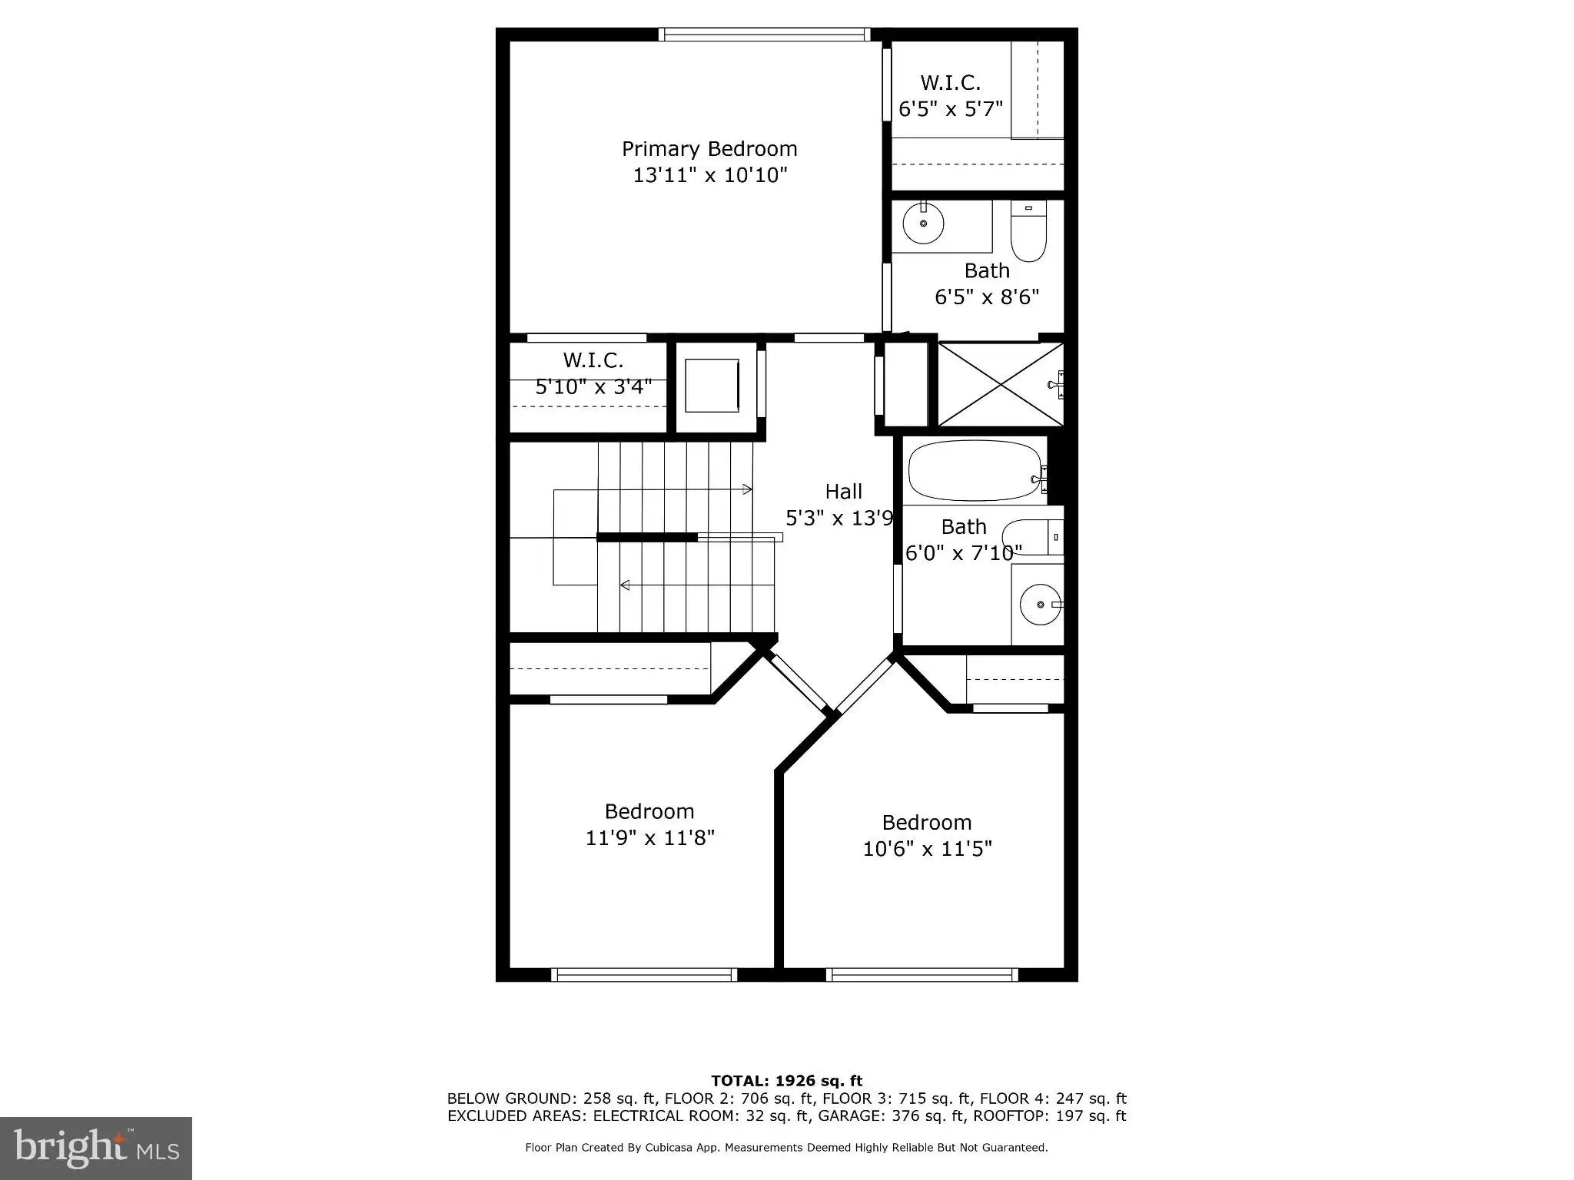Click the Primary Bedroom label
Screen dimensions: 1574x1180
coord(709,148)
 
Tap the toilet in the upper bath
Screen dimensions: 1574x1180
coord(1028,231)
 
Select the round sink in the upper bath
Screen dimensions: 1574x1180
coord(923,224)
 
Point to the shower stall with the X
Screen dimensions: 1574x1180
coord(1001,384)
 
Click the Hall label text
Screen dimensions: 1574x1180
coord(843,492)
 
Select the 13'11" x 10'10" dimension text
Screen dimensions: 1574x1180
coord(710,175)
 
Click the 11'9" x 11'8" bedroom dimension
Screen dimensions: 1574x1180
coord(650,837)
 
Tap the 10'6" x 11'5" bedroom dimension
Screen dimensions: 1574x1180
coord(928,849)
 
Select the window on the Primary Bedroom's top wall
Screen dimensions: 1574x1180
coord(764,34)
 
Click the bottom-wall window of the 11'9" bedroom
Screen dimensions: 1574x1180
coord(644,975)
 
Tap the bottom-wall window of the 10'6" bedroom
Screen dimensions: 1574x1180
coord(922,975)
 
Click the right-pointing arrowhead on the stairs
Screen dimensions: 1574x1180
coord(748,489)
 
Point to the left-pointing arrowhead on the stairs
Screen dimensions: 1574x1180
coord(625,585)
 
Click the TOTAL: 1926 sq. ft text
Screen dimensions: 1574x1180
coord(787,1081)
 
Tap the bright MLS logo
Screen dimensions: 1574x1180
coord(96,1148)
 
